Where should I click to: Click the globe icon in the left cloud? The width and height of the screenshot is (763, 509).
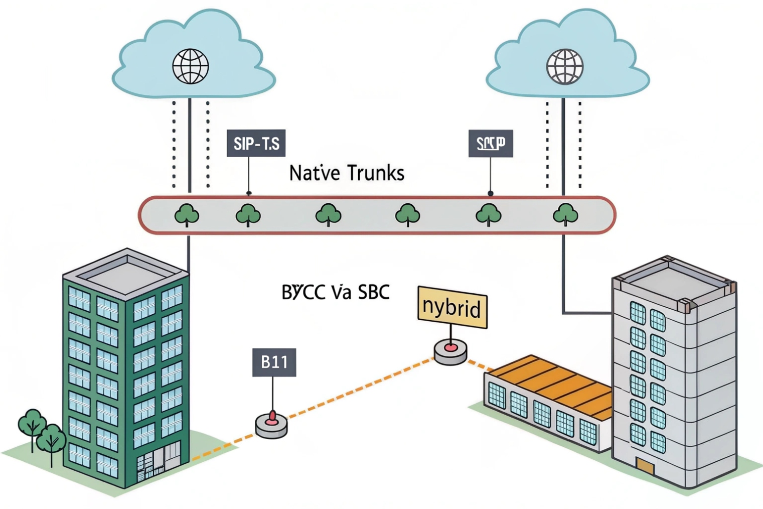coord(191,66)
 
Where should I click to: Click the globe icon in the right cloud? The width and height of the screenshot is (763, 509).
coord(565,66)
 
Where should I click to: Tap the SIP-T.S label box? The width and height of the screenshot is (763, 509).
coord(256,144)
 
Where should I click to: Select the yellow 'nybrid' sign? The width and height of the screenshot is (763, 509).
coord(452,307)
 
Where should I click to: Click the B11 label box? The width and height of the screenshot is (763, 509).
coord(274,362)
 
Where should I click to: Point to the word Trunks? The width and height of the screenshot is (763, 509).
coord(375,173)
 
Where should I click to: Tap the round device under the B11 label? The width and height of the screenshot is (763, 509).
coord(271,425)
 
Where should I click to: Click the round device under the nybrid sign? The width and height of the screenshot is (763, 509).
coord(450,351)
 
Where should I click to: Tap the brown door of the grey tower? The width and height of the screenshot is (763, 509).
coord(645,467)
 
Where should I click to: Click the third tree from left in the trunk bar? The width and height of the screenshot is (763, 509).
coord(328,215)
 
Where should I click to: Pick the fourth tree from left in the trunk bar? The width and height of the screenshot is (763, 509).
coord(407,215)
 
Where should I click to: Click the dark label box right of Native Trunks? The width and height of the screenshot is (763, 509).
coord(491,144)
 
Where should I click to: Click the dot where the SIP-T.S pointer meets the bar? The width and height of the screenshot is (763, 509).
coord(249,193)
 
